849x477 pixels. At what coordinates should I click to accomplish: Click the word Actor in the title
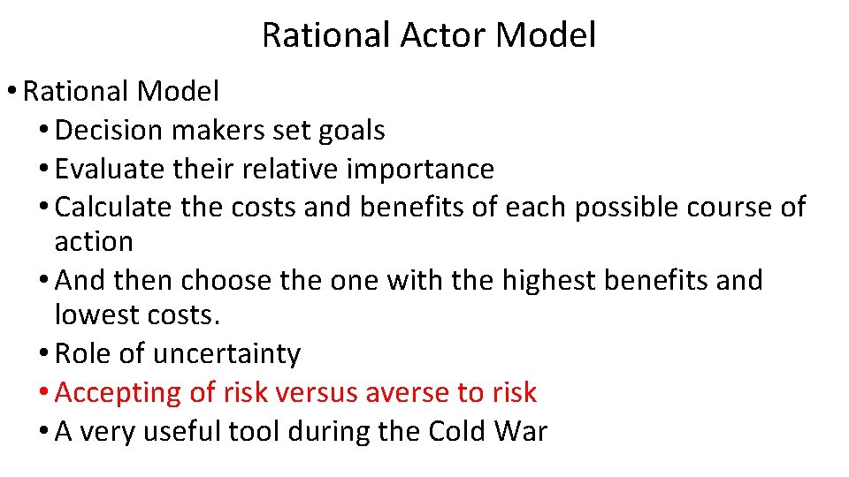point(446,35)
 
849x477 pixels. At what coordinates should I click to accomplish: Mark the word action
point(94,242)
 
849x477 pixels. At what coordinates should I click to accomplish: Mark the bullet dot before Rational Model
point(14,91)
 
